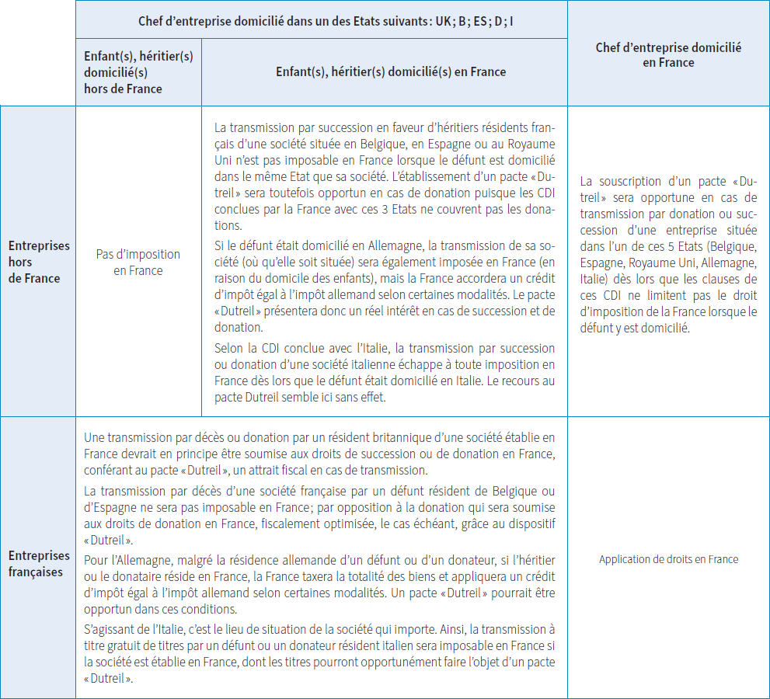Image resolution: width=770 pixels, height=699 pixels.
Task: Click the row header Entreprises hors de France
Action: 39,262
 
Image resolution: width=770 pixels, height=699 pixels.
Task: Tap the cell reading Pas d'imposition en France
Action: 138,262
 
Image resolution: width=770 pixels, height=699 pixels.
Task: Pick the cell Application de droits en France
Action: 668,559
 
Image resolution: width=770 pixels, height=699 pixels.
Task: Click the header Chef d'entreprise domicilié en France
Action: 668,54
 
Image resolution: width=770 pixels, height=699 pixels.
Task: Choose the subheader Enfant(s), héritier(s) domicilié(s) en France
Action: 391,71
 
